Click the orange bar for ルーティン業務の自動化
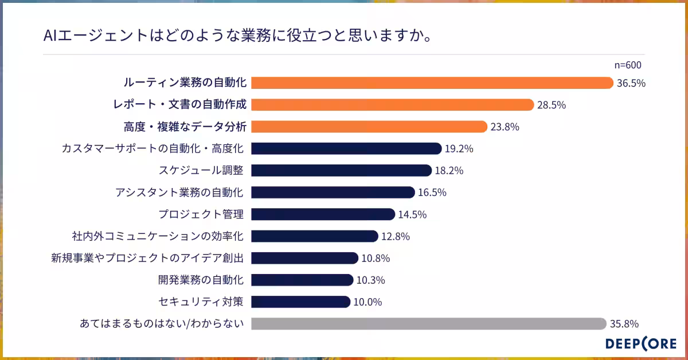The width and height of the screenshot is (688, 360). pyautogui.click(x=432, y=83)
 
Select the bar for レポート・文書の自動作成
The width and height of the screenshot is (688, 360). pyautogui.click(x=393, y=105)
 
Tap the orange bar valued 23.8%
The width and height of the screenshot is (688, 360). pyautogui.click(x=369, y=127)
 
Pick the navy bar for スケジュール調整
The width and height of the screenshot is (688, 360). pyautogui.click(x=341, y=170)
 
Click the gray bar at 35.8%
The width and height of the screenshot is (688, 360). pyautogui.click(x=429, y=324)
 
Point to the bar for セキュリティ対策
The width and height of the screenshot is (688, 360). pyautogui.click(x=300, y=302)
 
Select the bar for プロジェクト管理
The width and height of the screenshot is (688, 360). pyautogui.click(x=323, y=214)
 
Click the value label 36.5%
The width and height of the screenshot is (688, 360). pyautogui.click(x=631, y=83)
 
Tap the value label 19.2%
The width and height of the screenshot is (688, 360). pyautogui.click(x=459, y=149)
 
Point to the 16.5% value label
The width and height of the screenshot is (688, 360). pyautogui.click(x=432, y=193)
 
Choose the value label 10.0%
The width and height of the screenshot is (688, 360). pyautogui.click(x=368, y=302)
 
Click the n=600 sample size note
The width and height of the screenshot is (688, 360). pyautogui.click(x=627, y=65)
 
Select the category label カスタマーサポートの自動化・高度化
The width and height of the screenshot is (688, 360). pyautogui.click(x=153, y=149)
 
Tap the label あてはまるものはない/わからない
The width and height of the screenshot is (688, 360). pyautogui.click(x=162, y=324)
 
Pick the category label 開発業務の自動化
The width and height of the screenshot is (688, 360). pyautogui.click(x=201, y=280)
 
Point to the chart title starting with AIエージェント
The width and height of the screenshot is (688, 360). pyautogui.click(x=237, y=37)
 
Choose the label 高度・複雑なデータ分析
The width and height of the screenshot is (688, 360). pyautogui.click(x=185, y=127)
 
